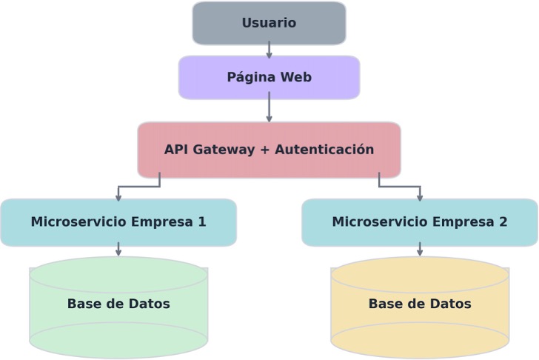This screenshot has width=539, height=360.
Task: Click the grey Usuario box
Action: pos(269,23)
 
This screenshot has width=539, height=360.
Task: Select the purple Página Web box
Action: pos(269,77)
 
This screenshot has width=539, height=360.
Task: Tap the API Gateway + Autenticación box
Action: pos(269,150)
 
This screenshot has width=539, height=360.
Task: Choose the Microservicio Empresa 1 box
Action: pos(118,222)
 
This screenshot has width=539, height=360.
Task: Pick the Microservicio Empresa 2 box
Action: pos(420,222)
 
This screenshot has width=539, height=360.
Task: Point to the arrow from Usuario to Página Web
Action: pos(269,50)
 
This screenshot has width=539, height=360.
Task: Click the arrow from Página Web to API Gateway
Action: pos(269,108)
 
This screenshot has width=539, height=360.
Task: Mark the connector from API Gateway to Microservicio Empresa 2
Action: pos(400,187)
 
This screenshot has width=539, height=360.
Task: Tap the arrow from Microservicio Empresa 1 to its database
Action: pos(118,250)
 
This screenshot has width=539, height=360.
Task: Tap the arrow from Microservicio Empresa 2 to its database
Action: pos(420,250)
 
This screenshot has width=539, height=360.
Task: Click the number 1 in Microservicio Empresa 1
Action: pos(201,222)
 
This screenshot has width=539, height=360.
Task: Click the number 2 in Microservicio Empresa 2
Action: pos(503,222)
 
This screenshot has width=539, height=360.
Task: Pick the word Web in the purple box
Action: pos(295,77)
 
